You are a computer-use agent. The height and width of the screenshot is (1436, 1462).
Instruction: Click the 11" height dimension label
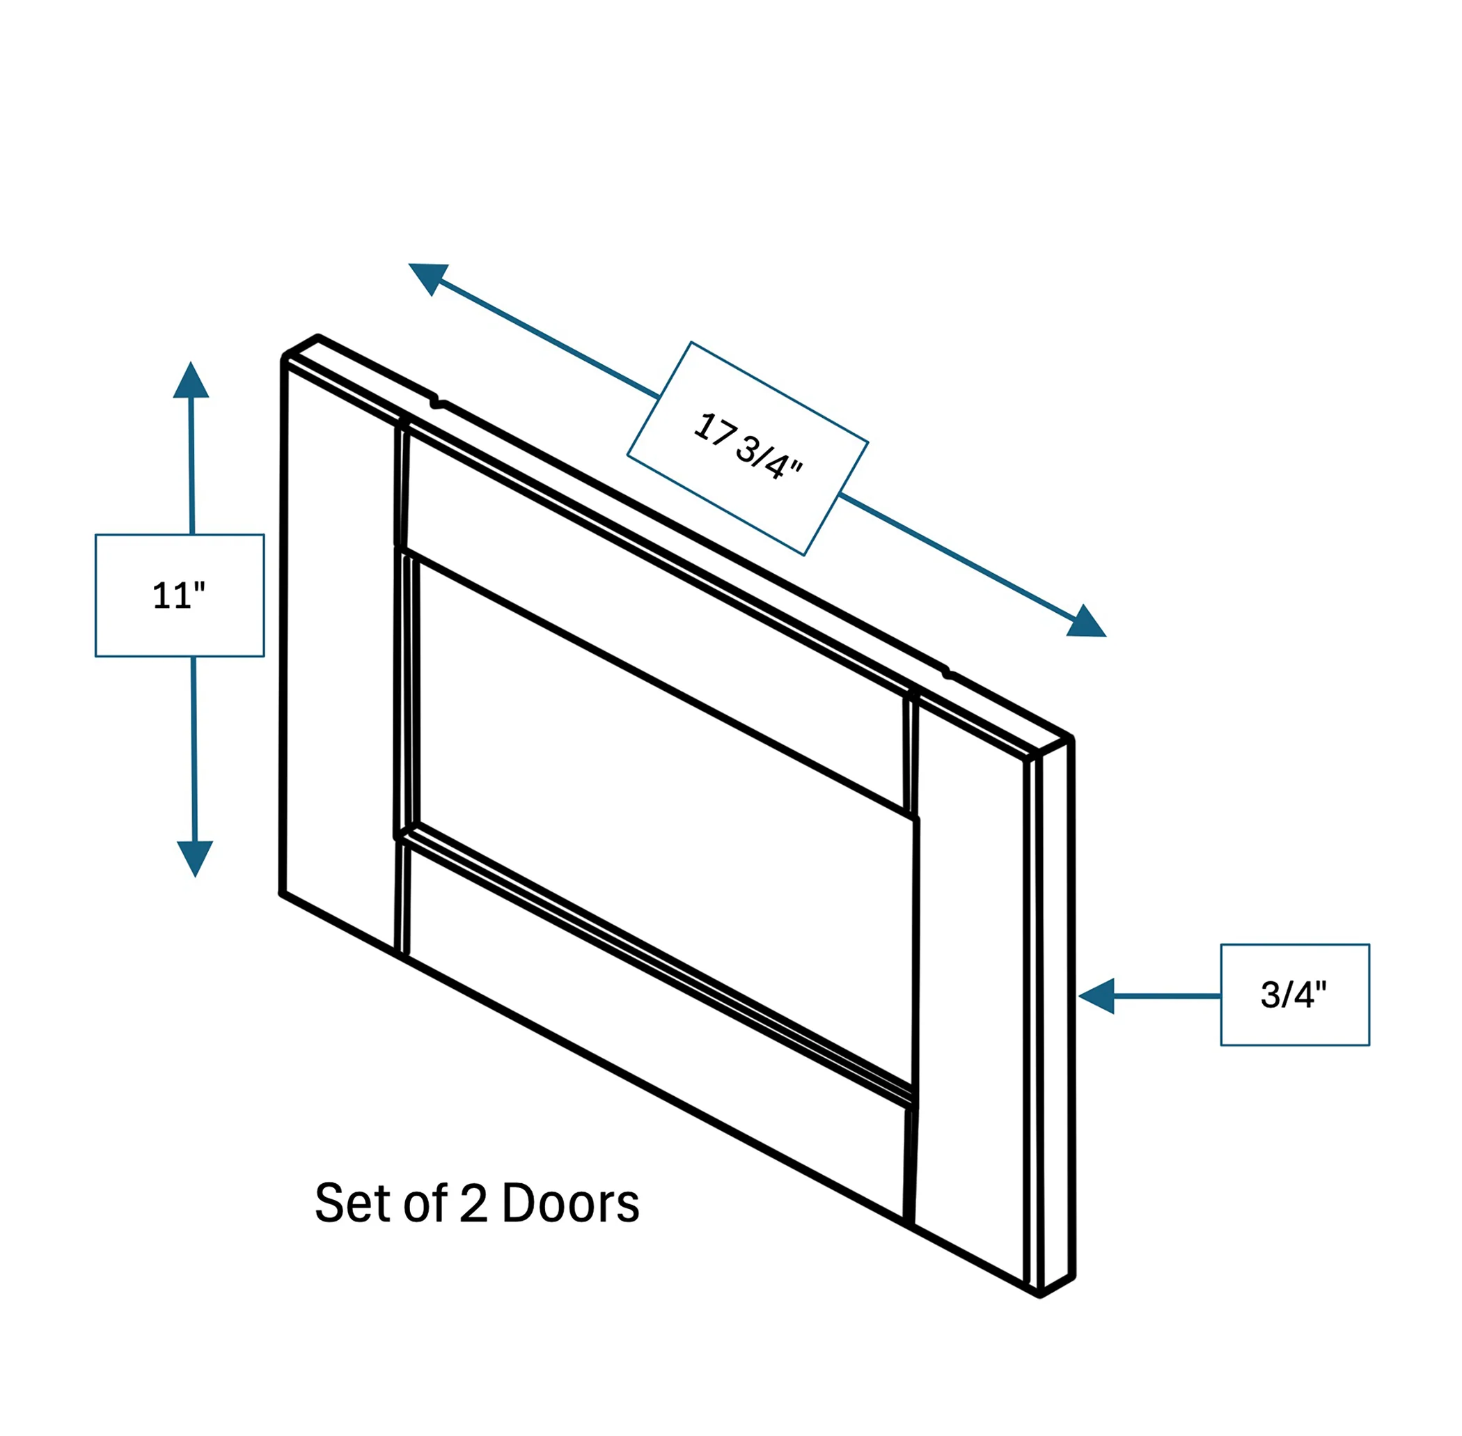pyautogui.click(x=179, y=596)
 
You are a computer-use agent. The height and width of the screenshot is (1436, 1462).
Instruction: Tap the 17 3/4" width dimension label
pyautogui.click(x=747, y=447)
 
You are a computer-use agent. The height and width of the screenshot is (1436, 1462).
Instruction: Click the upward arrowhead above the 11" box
pyautogui.click(x=191, y=380)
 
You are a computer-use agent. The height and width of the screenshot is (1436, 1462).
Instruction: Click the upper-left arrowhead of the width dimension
pyautogui.click(x=427, y=279)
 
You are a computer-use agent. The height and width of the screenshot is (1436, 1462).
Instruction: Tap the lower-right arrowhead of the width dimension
pyautogui.click(x=1087, y=621)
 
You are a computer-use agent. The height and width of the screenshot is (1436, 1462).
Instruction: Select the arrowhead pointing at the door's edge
pyautogui.click(x=1096, y=996)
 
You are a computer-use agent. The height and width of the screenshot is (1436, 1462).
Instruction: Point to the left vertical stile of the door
pyautogui.click(x=340, y=656)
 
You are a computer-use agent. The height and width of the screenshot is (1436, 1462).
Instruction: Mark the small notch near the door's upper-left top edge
pyautogui.click(x=436, y=402)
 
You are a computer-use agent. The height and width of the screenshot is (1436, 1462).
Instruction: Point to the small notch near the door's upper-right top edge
pyautogui.click(x=947, y=671)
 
